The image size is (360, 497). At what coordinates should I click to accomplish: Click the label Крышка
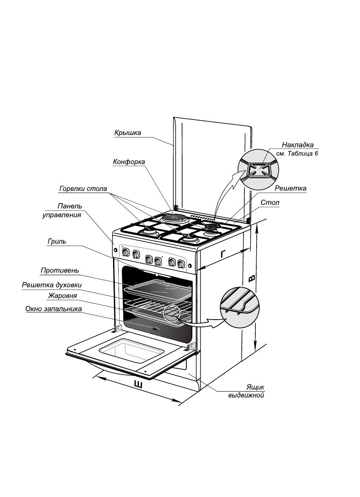pos(127,133)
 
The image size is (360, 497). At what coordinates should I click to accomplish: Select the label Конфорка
pos(129,162)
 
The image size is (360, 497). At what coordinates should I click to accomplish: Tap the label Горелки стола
pos(83,188)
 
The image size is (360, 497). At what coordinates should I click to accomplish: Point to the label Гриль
pos(57,242)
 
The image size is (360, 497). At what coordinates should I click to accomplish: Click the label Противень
pos(60,271)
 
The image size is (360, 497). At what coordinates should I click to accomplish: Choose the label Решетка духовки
pos(52,285)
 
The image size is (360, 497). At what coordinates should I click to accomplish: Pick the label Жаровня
pos(63,296)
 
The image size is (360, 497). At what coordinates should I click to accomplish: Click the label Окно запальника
pos(54,309)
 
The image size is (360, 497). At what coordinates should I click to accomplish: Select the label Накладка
pos(297,145)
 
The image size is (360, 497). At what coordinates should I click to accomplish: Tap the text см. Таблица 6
pos(297,153)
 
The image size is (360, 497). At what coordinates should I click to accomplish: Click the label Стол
pos(270,202)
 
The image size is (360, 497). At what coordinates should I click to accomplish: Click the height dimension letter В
pos(252,278)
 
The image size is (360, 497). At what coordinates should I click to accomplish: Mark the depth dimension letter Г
pos(223,254)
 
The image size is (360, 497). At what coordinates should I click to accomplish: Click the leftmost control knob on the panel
pos(126,253)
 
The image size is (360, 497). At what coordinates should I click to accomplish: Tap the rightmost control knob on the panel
pos(181,263)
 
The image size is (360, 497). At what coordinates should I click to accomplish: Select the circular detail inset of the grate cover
pos(258,169)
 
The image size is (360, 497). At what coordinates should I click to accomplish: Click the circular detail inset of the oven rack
pos(239,307)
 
